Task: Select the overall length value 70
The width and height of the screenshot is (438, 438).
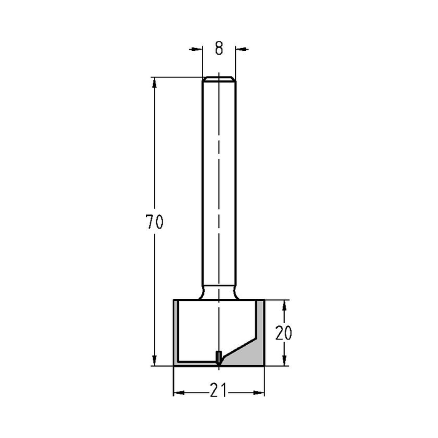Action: coord(154,223)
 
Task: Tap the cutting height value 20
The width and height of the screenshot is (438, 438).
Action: coord(284,333)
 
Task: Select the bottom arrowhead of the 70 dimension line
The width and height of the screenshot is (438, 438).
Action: coord(154,360)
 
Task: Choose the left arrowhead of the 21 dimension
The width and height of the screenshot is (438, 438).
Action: coord(178,392)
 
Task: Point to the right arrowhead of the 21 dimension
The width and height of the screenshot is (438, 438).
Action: coord(260,392)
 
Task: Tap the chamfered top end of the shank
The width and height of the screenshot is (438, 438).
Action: coord(219,79)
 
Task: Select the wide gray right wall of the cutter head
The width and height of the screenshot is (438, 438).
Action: coord(260,333)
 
